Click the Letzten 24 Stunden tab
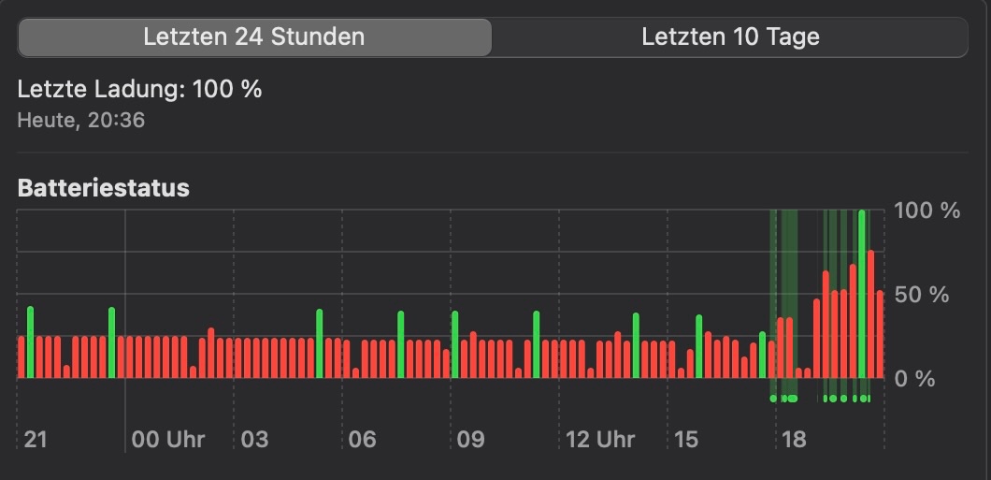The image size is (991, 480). [253, 37]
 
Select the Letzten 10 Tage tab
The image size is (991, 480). [729, 37]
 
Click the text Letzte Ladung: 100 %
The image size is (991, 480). [139, 90]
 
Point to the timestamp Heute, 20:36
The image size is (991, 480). [81, 120]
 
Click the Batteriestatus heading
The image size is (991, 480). [103, 188]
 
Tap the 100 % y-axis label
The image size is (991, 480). [926, 211]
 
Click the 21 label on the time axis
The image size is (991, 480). [36, 439]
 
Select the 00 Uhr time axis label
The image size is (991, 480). [168, 439]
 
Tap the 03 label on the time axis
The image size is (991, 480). [254, 439]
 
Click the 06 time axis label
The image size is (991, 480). [363, 439]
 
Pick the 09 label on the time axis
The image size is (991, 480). [471, 439]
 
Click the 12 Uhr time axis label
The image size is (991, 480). [600, 439]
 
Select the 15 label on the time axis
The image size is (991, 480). [686, 439]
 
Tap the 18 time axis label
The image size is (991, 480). [794, 439]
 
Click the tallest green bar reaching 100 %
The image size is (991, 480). [862, 295]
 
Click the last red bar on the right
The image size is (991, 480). [880, 335]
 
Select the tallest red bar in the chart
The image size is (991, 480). [870, 314]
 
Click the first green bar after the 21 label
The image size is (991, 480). [31, 342]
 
